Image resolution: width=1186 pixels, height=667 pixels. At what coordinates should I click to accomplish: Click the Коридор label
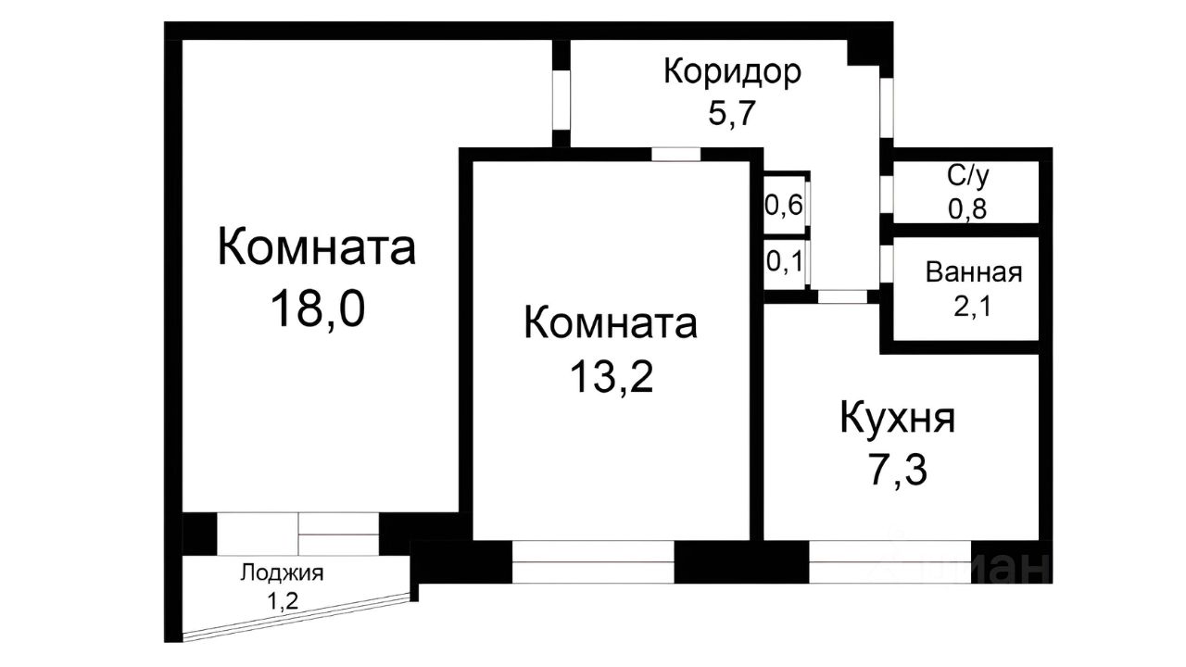pos(732,72)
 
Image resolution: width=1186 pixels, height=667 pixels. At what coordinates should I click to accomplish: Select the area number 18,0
pos(317,308)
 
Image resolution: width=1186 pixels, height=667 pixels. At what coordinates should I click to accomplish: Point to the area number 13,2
pos(612,377)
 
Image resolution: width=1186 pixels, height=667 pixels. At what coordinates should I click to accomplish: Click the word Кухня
pos(897,420)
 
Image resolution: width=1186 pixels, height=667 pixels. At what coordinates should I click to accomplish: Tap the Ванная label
pos(973,272)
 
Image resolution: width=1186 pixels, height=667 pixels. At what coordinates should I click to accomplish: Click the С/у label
pos(965,175)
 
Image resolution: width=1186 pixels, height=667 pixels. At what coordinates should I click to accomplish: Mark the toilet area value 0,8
pos(966,208)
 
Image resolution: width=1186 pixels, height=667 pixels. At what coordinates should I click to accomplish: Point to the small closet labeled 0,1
pos(783,263)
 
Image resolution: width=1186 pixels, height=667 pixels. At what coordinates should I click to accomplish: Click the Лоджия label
pos(282,572)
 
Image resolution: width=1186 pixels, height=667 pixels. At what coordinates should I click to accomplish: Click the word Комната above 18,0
pos(316,248)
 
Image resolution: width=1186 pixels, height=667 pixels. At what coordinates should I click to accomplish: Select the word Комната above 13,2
pos(611,323)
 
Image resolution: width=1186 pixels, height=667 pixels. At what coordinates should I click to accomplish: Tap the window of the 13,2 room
pos(593,562)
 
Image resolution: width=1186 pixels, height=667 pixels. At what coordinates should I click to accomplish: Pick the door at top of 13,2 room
pos(675,155)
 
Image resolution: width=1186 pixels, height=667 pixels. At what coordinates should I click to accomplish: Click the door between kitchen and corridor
pos(842,297)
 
